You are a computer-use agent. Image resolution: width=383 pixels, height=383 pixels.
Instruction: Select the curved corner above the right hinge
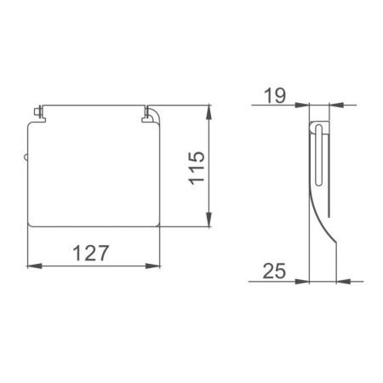[x=154, y=111]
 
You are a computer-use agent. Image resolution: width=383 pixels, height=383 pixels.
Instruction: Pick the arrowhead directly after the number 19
[x=303, y=105]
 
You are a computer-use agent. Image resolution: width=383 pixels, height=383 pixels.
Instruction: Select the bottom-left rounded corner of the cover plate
[x=31, y=223]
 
